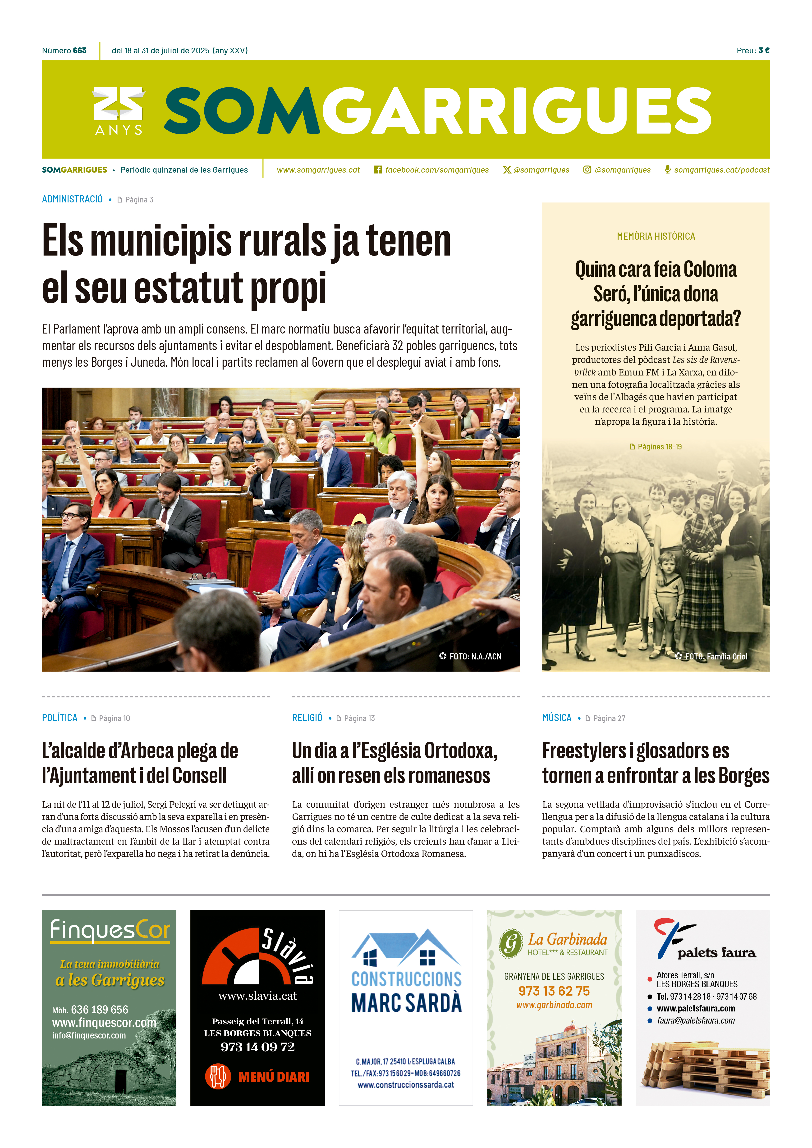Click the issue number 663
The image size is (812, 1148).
click(x=79, y=50)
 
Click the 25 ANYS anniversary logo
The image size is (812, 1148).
click(x=119, y=111)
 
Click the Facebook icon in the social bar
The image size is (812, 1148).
click(x=378, y=170)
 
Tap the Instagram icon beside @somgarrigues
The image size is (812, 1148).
click(x=587, y=170)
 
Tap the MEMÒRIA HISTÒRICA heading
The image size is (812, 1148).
click(x=656, y=237)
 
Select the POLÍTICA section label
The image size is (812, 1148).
click(x=60, y=718)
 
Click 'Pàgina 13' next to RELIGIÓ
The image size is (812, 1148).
click(x=359, y=718)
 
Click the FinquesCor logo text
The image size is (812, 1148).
click(x=110, y=930)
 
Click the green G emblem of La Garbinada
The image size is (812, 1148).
click(x=510, y=943)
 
